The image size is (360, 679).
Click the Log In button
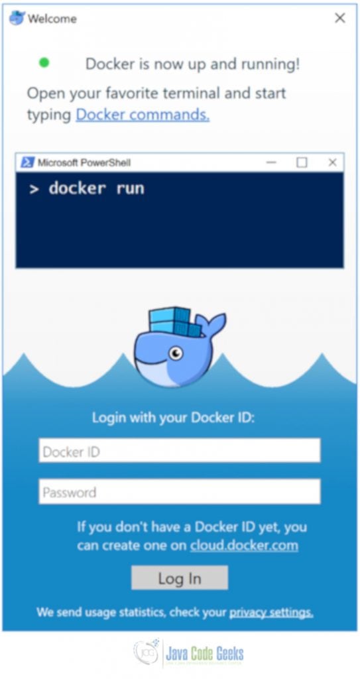180,578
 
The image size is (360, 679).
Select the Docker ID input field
180,450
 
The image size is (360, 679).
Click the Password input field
180,491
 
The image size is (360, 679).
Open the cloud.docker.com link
244,545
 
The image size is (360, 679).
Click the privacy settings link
271,612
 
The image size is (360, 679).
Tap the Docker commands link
143,115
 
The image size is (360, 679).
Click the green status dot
44,63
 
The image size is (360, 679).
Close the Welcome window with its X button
340,18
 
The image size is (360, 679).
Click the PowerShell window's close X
332,162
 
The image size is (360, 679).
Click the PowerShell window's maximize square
302,162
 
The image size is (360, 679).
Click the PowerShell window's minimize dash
271,163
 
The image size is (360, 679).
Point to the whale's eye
176,353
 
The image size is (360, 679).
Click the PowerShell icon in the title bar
27,162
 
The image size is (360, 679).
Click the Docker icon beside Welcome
17,18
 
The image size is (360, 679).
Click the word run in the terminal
130,188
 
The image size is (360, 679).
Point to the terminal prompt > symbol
34,189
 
